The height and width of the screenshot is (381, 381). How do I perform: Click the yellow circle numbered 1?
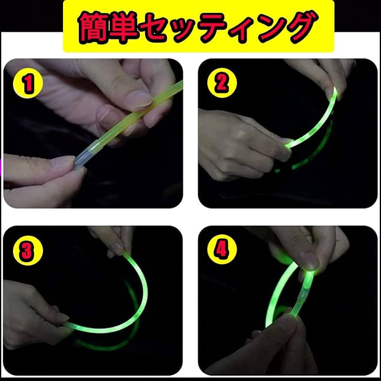28,84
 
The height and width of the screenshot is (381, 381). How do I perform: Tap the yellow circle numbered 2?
221,84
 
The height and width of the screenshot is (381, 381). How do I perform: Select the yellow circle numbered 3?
26,252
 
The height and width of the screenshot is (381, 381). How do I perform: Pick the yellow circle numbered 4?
221,250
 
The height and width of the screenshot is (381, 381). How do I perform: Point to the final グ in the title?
297,26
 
